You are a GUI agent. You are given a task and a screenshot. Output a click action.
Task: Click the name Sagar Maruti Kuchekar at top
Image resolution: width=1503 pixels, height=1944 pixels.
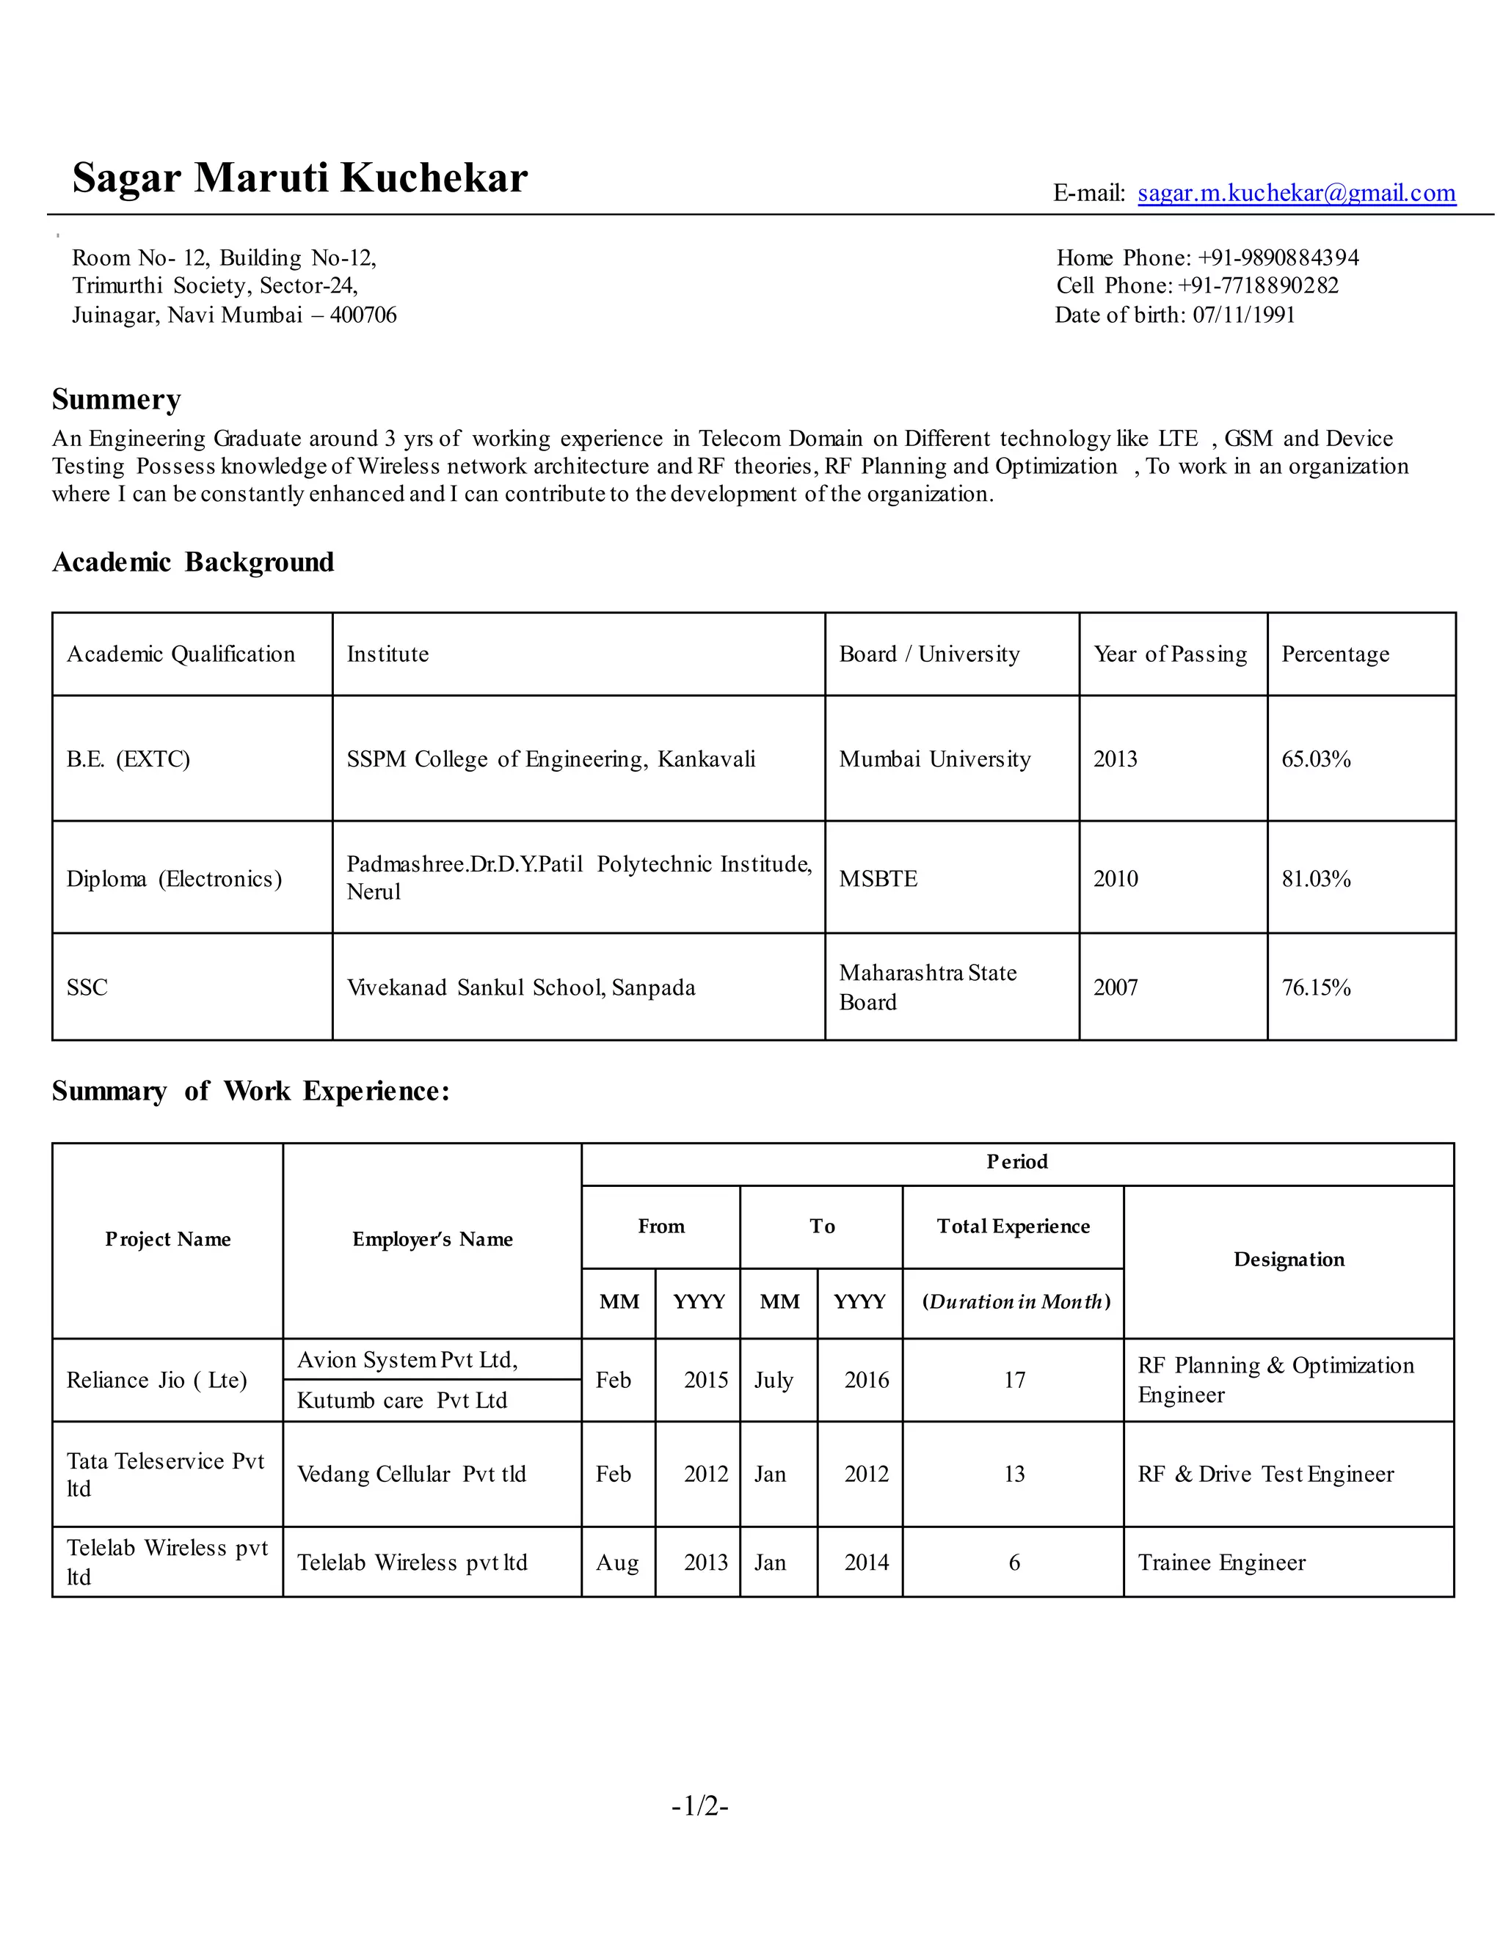[300, 177]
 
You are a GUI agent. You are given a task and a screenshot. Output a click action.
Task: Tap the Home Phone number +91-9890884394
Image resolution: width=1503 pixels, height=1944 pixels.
[1278, 258]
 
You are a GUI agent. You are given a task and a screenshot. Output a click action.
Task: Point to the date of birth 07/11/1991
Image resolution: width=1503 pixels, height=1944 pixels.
[1243, 315]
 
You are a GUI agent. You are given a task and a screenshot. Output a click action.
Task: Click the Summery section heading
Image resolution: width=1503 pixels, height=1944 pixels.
[117, 400]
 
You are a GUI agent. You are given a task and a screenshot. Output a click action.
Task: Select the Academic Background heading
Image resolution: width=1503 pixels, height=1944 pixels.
[193, 563]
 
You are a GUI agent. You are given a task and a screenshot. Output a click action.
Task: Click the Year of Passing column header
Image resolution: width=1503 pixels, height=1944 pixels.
[1170, 654]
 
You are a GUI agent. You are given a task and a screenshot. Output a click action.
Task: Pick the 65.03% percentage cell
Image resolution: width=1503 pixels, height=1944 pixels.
[1316, 759]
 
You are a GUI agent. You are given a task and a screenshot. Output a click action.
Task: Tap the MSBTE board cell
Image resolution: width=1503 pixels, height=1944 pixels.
[878, 879]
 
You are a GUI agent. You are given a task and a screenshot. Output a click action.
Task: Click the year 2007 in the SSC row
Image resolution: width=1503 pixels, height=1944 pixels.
[1115, 987]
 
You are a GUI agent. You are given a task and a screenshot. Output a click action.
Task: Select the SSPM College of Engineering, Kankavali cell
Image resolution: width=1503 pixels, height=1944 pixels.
[550, 759]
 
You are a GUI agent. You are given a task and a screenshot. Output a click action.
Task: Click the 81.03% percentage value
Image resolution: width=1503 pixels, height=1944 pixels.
[1316, 879]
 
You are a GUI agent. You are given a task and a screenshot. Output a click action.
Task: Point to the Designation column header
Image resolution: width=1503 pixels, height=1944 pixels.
[1289, 1260]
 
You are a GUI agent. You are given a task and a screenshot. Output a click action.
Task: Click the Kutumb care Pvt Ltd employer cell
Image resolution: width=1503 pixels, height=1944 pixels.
[401, 1401]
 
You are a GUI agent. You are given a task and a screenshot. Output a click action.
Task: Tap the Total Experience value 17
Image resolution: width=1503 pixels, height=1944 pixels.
[1014, 1381]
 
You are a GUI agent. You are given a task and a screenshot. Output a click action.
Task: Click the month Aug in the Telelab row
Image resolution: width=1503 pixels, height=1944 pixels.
[617, 1563]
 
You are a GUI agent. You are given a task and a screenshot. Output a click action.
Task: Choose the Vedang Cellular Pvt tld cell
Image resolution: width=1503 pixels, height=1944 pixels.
[412, 1474]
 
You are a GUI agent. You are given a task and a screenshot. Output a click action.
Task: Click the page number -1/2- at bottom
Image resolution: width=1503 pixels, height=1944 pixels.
[700, 1806]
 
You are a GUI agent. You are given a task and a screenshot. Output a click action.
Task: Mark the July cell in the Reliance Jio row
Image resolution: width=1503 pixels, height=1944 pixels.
[773, 1381]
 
